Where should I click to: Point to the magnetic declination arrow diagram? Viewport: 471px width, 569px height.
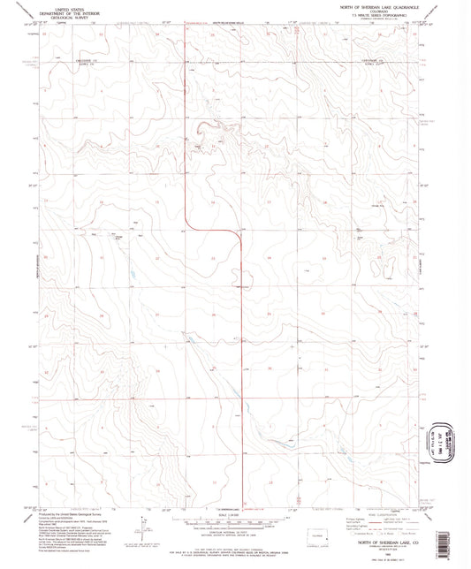click(141, 530)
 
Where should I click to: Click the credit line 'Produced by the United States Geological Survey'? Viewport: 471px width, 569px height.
click(66, 512)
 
